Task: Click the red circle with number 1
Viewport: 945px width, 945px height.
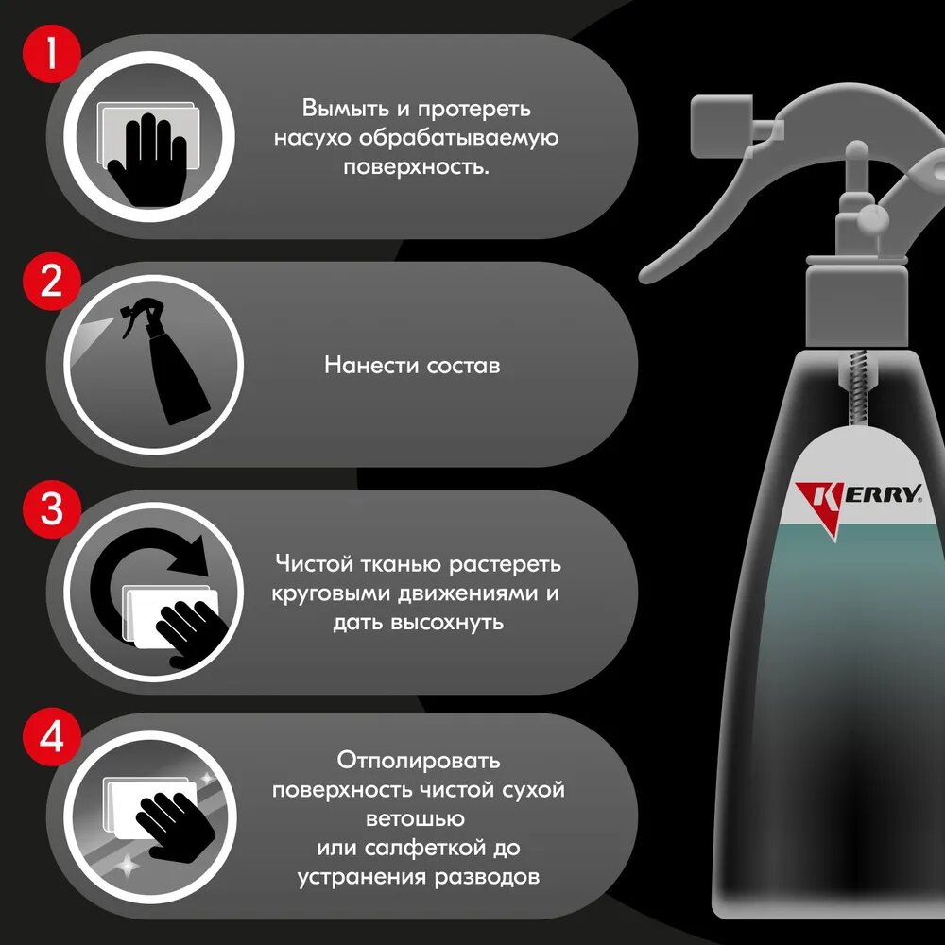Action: (51, 53)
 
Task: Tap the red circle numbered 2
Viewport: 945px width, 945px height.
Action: (51, 282)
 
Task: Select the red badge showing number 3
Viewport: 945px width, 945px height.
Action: (51, 508)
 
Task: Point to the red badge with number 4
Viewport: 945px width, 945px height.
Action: (51, 736)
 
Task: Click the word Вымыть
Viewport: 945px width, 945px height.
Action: (345, 109)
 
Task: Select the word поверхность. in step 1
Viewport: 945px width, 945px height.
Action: (416, 167)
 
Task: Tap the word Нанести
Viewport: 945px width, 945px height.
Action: (370, 365)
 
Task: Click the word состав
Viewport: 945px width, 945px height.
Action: (463, 365)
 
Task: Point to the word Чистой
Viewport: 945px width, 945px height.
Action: (314, 564)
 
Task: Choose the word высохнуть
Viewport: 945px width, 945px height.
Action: (447, 622)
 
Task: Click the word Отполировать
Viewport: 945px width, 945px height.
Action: (419, 760)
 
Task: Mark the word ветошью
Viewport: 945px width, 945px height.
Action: (415, 819)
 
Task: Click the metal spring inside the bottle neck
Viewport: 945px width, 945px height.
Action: (856, 389)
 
